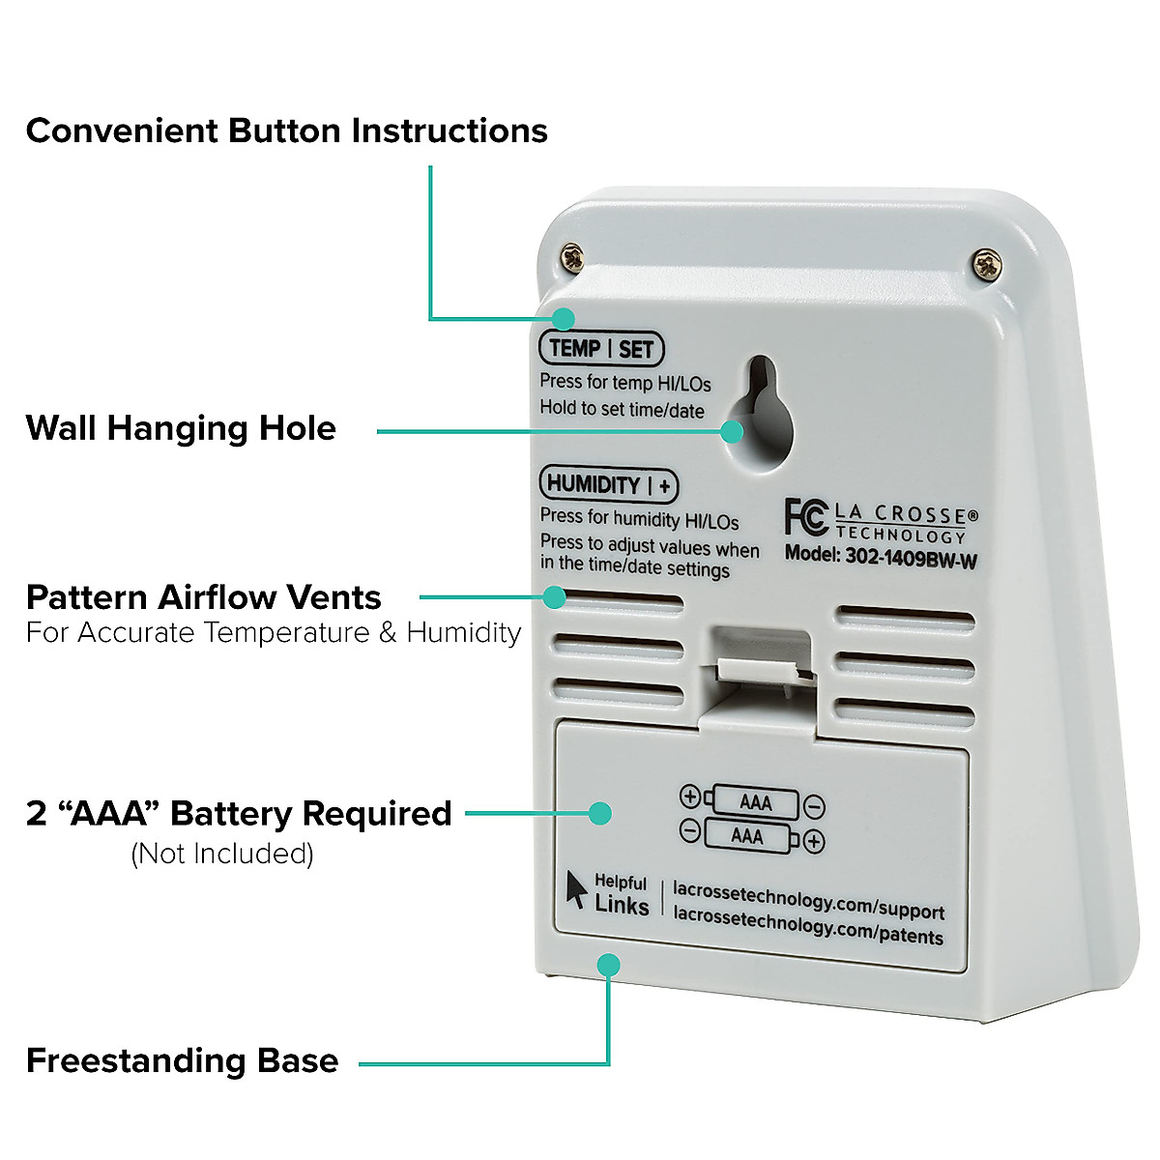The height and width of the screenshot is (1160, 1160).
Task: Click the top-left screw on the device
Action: pos(573,257)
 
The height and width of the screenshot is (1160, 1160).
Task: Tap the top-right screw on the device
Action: pos(986,261)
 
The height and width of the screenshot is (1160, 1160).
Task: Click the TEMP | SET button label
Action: pos(601,349)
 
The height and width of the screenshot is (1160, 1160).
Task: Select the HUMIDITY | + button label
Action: pos(608,484)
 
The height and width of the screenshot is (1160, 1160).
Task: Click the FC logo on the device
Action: pos(805,516)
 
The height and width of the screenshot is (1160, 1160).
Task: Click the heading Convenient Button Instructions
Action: pos(286,130)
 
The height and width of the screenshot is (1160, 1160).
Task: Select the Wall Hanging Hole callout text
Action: pos(181,427)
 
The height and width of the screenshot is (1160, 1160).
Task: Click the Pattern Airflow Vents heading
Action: pos(203,597)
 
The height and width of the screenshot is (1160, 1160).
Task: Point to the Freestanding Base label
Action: pos(182,1060)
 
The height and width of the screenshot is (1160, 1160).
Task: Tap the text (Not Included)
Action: pos(222,854)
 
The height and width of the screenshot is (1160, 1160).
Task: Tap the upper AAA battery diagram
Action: pos(754,802)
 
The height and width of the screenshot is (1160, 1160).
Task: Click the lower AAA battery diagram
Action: pos(747,835)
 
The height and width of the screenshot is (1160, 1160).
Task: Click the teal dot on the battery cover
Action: pos(600,813)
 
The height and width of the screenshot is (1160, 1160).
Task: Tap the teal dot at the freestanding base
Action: pos(609,964)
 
